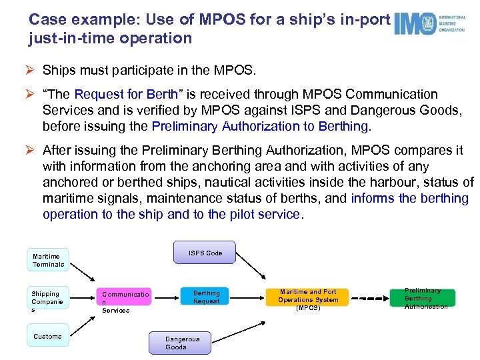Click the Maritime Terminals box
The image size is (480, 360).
click(x=49, y=260)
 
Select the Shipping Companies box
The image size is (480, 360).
click(x=46, y=301)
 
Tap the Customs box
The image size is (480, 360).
click(x=47, y=336)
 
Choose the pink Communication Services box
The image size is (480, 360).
click(x=125, y=301)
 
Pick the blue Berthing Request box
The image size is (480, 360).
click(x=206, y=297)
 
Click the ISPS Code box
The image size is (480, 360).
click(x=205, y=253)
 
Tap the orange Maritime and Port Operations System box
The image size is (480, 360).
click(x=308, y=300)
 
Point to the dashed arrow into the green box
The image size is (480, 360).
click(x=373, y=298)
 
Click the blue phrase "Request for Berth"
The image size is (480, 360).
click(x=126, y=94)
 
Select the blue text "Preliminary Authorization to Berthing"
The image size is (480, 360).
click(x=260, y=126)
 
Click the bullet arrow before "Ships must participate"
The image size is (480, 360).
click(x=33, y=70)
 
